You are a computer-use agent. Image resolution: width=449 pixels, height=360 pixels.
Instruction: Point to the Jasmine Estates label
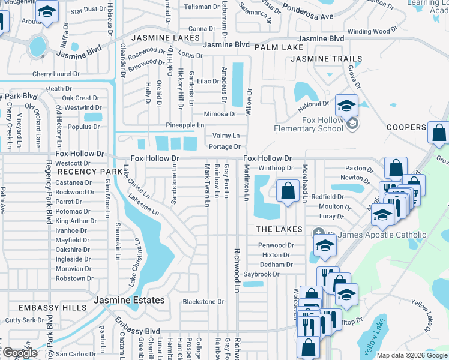[128, 300]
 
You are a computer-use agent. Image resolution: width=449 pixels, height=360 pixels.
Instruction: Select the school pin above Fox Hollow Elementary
[346, 106]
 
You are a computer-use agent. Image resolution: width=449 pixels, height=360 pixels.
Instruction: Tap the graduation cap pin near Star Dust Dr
[46, 12]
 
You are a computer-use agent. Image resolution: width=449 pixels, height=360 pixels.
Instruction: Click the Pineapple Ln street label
[185, 125]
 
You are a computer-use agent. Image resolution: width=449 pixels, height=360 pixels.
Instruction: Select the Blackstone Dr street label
[203, 302]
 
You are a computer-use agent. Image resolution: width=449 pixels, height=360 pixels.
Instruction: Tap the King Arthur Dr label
[76, 221]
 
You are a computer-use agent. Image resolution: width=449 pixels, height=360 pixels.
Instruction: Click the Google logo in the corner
[20, 353]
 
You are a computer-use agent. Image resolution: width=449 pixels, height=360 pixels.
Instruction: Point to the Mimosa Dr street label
[220, 114]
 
